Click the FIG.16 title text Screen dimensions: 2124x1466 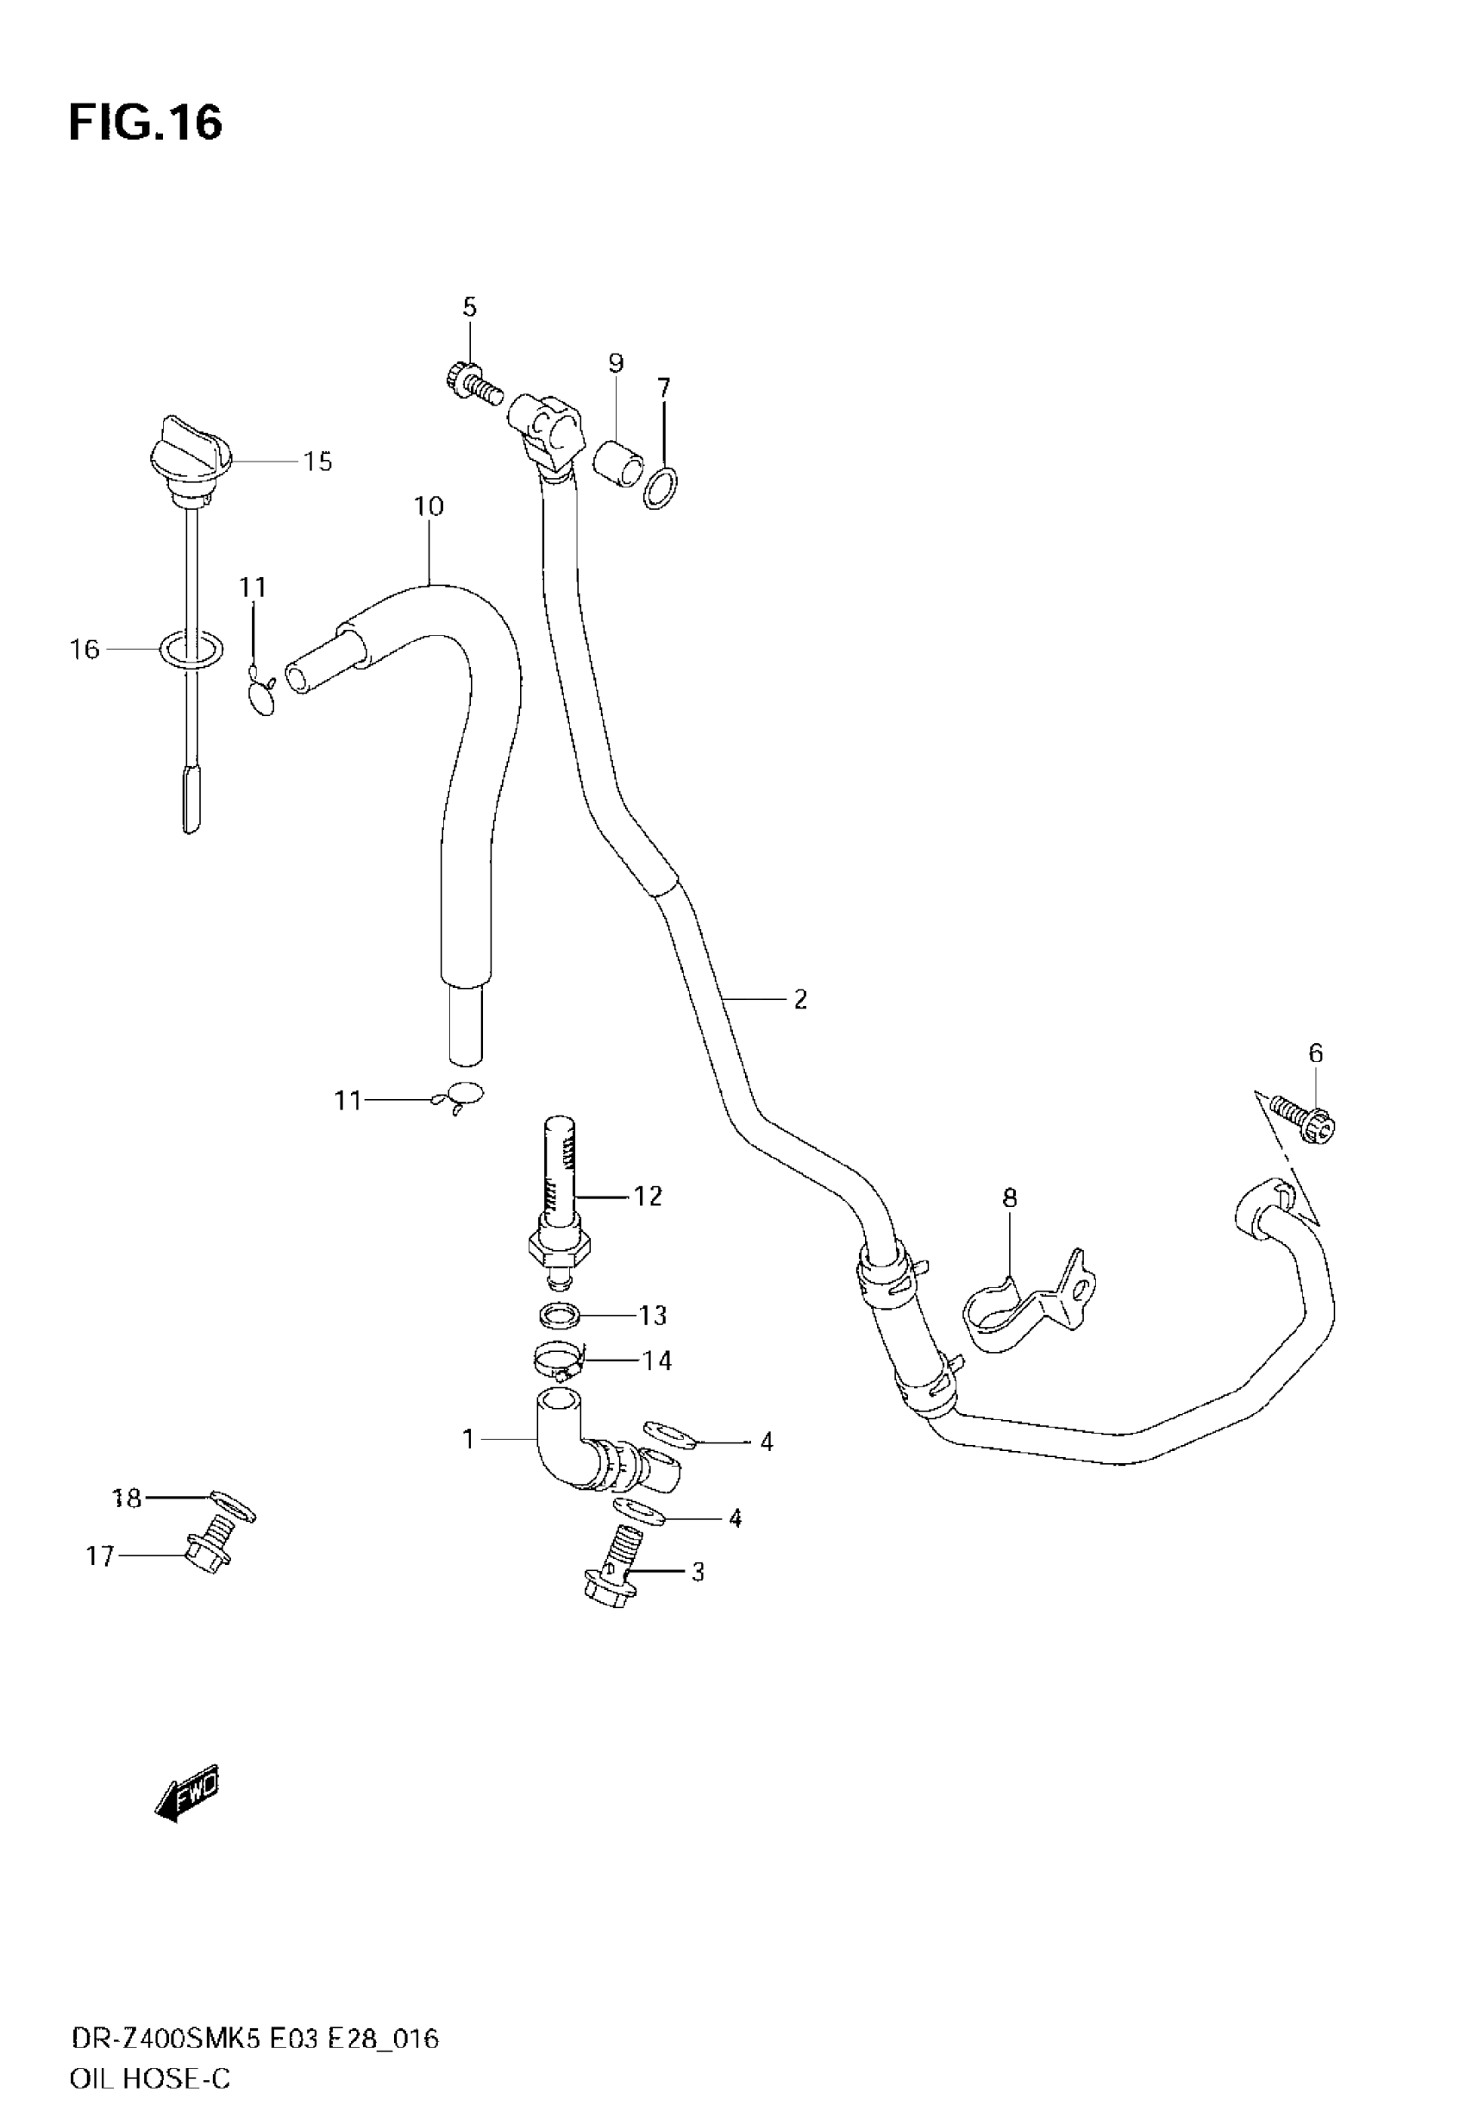tap(145, 123)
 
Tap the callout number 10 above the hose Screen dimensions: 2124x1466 tap(428, 506)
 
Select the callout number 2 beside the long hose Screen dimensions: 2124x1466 tap(800, 1000)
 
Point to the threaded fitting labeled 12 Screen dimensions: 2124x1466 tap(560, 1194)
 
